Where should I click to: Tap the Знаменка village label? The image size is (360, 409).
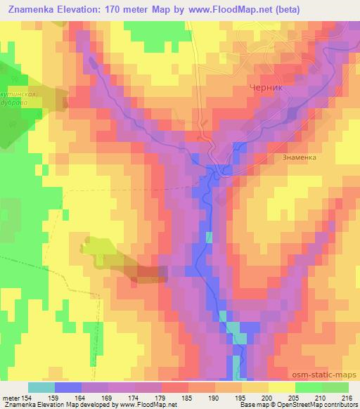pyautogui.click(x=299, y=157)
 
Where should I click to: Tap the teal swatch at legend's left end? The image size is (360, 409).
pyautogui.click(x=41, y=387)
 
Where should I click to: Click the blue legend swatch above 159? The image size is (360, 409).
pyautogui.click(x=68, y=387)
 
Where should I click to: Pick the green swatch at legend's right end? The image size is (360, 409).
pyautogui.click(x=335, y=387)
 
